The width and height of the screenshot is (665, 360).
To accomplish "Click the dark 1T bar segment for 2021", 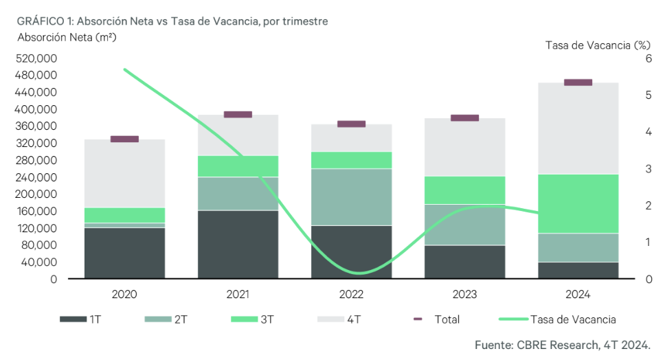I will click(238, 244).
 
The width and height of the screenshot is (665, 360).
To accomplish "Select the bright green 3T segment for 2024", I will click(578, 203).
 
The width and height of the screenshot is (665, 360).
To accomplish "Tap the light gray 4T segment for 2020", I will click(124, 173).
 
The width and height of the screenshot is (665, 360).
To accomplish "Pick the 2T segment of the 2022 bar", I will click(351, 196).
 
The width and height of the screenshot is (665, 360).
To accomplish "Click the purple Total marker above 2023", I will click(464, 117).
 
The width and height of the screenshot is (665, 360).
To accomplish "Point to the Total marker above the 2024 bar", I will click(578, 82).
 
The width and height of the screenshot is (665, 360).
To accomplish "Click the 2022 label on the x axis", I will click(351, 294).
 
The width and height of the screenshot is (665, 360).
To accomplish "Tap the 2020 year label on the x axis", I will click(124, 294).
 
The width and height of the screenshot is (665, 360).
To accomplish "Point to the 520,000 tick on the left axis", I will click(35, 58).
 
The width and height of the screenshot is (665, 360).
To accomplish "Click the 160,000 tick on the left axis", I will click(35, 212).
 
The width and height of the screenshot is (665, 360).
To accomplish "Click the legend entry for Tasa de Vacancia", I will click(556, 319).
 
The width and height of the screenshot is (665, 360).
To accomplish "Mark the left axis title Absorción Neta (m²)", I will click(67, 37).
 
